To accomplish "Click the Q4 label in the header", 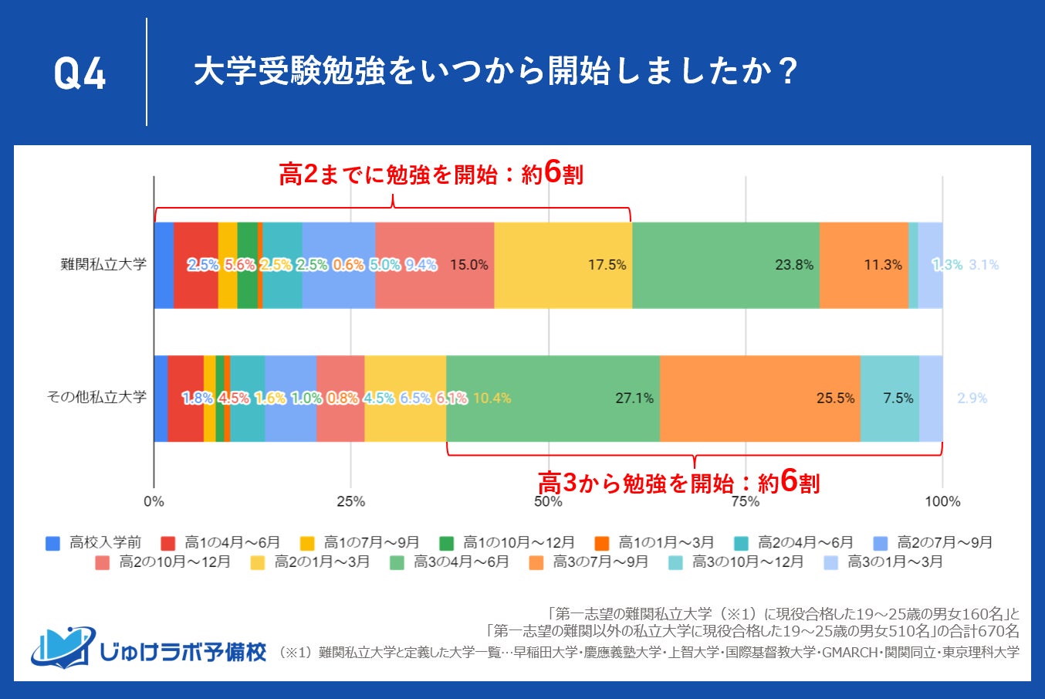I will [79, 74].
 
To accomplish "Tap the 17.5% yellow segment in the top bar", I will [563, 265].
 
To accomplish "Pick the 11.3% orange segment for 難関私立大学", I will [864, 265].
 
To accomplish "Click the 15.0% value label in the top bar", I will [469, 265].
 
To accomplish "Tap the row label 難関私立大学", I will [103, 264].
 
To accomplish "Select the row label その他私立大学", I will [96, 397].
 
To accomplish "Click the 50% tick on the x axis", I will [548, 501].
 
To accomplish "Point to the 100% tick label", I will [942, 501].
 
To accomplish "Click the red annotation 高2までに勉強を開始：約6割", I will [431, 175].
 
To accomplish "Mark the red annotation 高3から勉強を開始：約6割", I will [678, 483].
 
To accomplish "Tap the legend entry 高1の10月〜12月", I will [509, 542].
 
